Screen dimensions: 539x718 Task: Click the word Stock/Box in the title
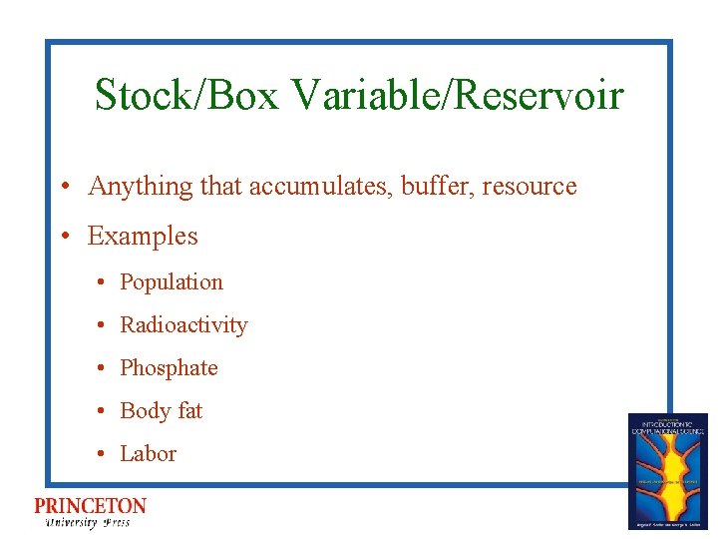[186, 96]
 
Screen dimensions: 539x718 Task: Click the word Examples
[143, 237]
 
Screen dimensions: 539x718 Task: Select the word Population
[172, 282]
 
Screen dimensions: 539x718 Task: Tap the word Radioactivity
[183, 325]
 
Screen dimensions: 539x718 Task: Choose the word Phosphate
[169, 368]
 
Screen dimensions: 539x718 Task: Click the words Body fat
[161, 411]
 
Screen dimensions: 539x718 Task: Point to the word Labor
[148, 454]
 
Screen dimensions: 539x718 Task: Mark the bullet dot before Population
[102, 283]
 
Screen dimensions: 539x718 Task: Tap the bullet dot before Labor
[102, 455]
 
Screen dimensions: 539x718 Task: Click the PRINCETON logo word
[90, 506]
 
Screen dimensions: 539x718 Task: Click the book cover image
[667, 470]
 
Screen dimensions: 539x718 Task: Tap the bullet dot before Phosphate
[102, 369]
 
